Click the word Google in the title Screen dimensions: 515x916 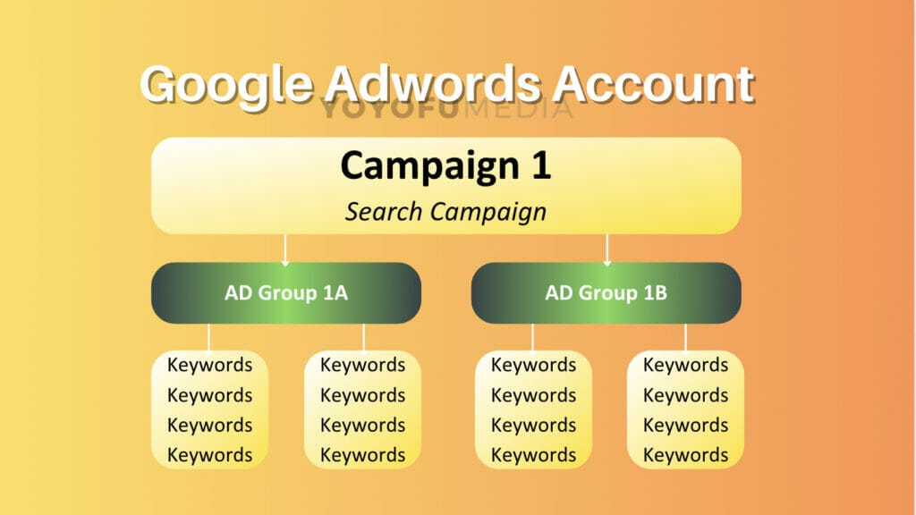[226, 86]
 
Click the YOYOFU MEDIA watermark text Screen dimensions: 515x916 [446, 109]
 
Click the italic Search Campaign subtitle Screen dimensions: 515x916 [445, 212]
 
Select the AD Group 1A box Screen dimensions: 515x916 [286, 292]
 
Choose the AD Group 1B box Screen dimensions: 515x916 [606, 292]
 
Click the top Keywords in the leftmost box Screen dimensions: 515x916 [210, 365]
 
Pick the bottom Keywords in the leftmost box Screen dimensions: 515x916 [210, 455]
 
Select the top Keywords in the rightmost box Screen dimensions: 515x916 [686, 365]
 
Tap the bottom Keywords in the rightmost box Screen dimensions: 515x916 [686, 455]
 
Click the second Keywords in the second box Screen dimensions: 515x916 [363, 395]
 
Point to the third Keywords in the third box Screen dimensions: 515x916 [534, 425]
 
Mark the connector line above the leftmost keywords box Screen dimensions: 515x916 [209, 337]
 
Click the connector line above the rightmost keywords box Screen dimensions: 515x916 [686, 337]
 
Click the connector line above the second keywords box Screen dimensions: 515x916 [363, 337]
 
